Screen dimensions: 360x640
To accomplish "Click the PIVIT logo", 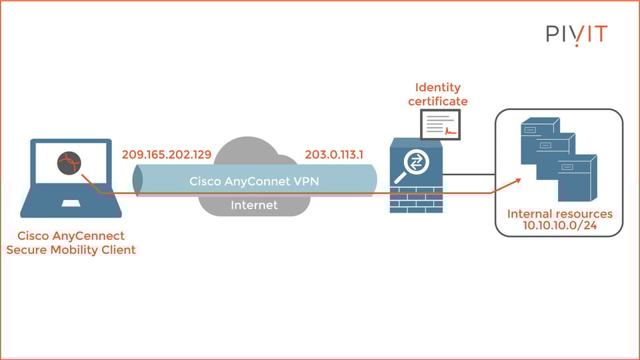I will pyautogui.click(x=577, y=33).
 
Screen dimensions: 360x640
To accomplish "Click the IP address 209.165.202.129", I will pyautogui.click(x=167, y=155).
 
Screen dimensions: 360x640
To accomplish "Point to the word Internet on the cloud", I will pyautogui.click(x=254, y=205).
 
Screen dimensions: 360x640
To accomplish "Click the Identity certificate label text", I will pyautogui.click(x=438, y=94).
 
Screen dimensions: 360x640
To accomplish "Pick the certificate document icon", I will pyautogui.click(x=440, y=125).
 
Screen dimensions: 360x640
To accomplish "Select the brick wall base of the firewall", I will pyautogui.click(x=416, y=199).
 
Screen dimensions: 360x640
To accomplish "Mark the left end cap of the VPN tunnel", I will pyautogui.click(x=137, y=179).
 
